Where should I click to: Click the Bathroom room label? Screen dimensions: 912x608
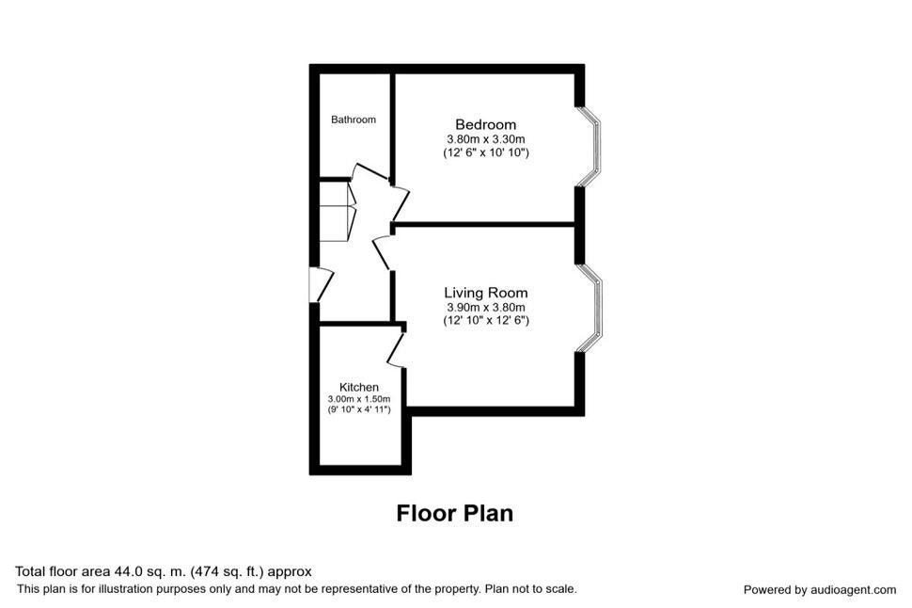[354, 120]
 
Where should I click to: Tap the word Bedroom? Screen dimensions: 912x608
[486, 124]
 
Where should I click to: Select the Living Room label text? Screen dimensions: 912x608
[486, 293]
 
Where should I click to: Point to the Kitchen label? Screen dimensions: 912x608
[359, 387]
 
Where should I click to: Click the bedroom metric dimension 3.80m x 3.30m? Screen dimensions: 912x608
[486, 139]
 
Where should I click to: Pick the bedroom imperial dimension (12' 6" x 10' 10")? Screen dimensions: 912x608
[486, 152]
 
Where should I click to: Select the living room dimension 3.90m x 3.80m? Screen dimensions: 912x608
[486, 307]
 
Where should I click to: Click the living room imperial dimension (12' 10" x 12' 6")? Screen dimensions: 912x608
[486, 320]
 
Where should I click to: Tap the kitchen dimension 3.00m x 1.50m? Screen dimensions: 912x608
[359, 399]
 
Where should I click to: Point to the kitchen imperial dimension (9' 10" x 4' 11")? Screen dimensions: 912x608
[359, 409]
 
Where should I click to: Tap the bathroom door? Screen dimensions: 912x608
[370, 171]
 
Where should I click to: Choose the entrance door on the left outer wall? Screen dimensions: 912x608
[321, 285]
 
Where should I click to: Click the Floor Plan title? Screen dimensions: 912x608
[455, 513]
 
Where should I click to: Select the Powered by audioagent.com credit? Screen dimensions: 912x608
[820, 590]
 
